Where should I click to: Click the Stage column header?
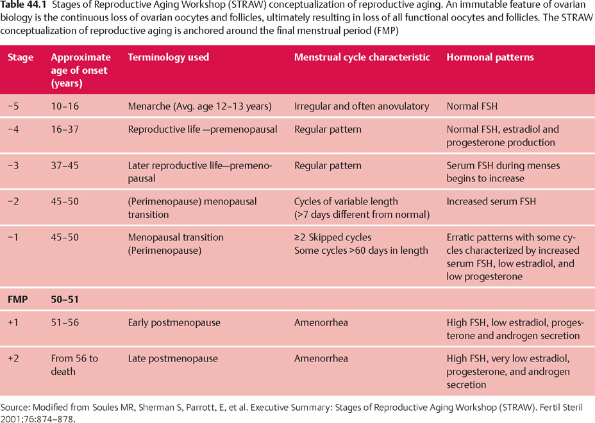(x=21, y=57)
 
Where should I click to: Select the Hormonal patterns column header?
(x=490, y=57)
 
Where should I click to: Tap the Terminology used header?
(x=169, y=57)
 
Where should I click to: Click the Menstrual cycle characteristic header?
(x=362, y=57)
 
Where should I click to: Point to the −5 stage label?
(x=13, y=106)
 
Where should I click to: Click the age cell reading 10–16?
(x=65, y=106)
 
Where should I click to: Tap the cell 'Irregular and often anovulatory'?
(x=362, y=106)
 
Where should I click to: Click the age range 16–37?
(x=65, y=129)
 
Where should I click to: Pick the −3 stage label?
(x=13, y=165)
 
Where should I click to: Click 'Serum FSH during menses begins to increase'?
(x=503, y=172)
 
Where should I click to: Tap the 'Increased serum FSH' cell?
(x=491, y=201)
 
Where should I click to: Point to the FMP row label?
(x=17, y=299)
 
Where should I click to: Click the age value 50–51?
(x=65, y=299)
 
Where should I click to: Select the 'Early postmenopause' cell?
(x=174, y=322)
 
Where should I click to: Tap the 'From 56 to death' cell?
(x=74, y=365)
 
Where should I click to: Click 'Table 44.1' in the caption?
(x=22, y=6)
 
